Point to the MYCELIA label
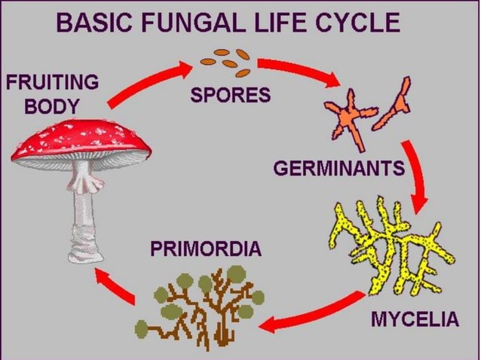pyautogui.click(x=415, y=319)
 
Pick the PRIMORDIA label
pyautogui.click(x=205, y=248)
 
